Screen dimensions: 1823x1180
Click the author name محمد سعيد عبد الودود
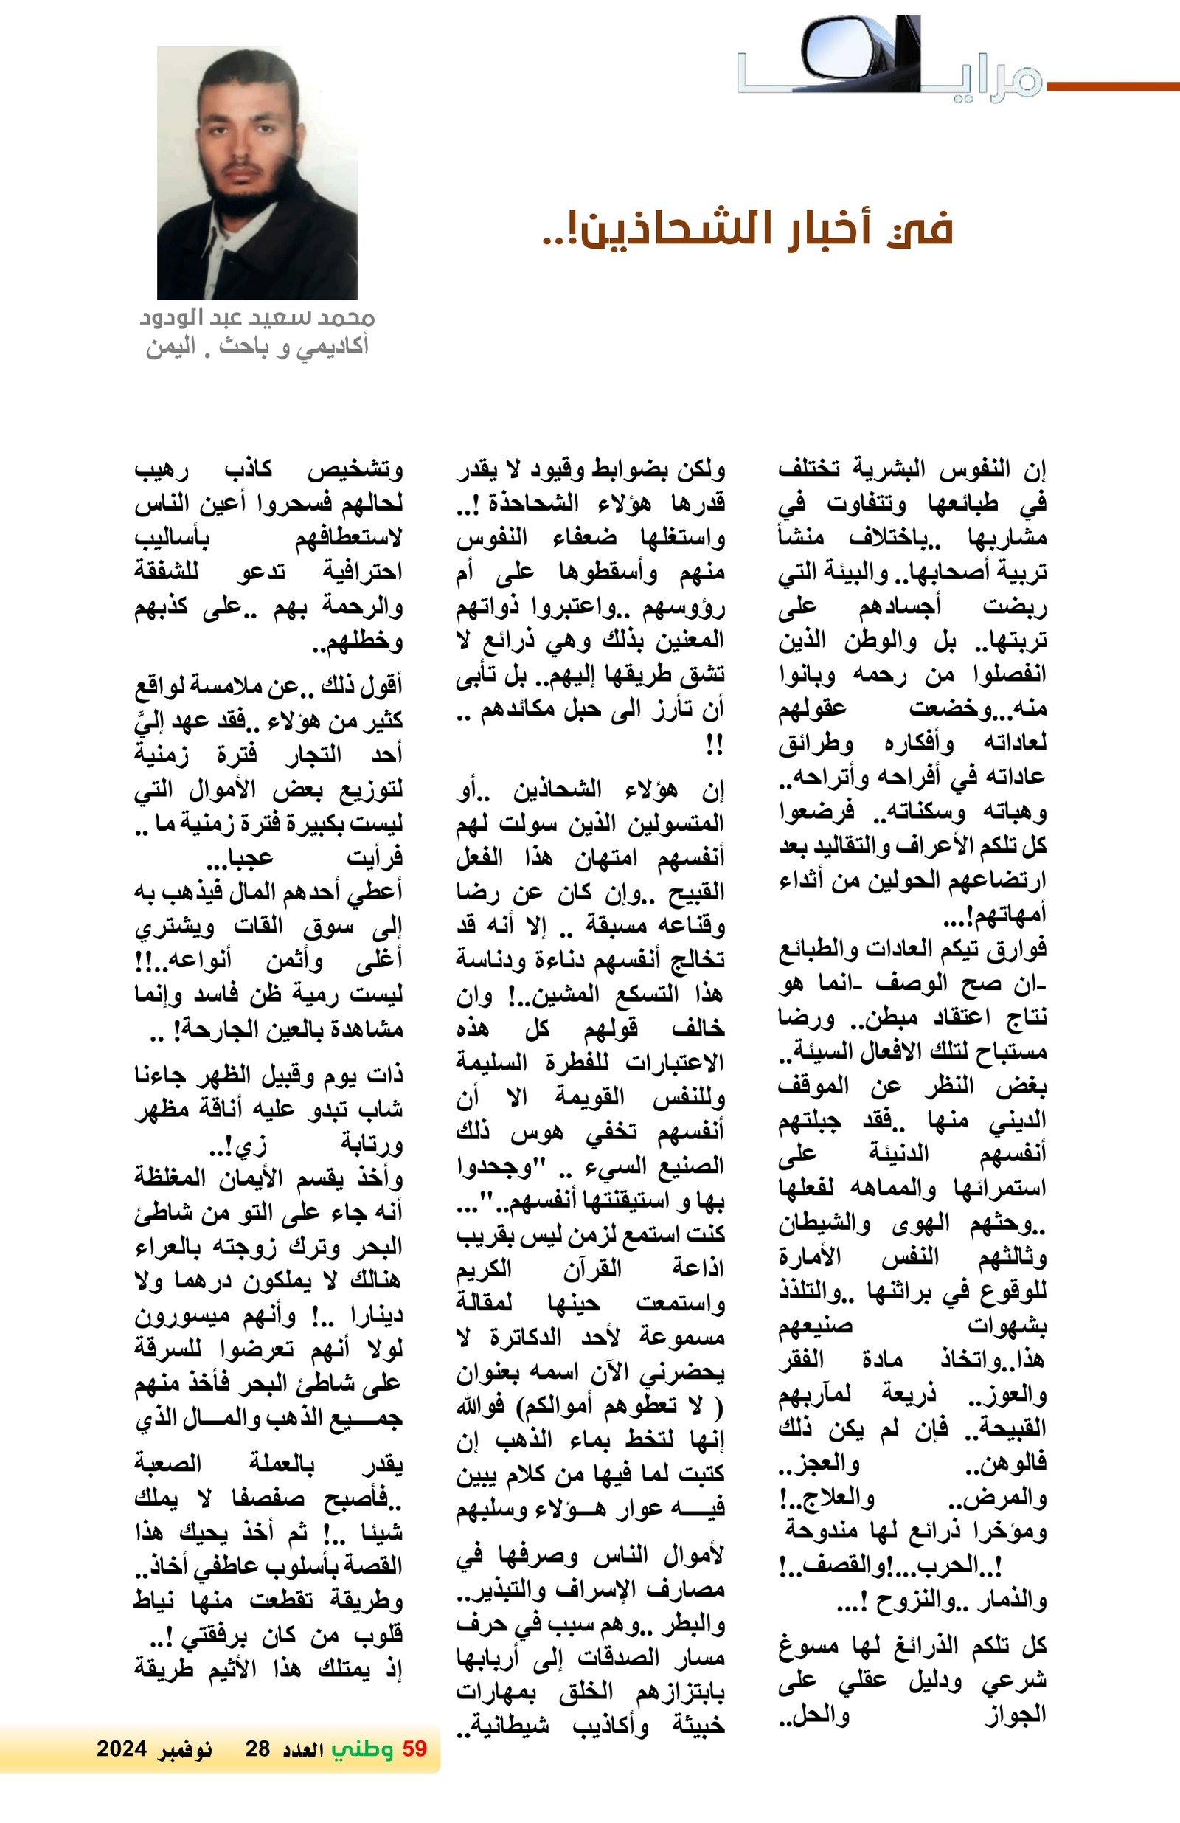[x=257, y=316]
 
